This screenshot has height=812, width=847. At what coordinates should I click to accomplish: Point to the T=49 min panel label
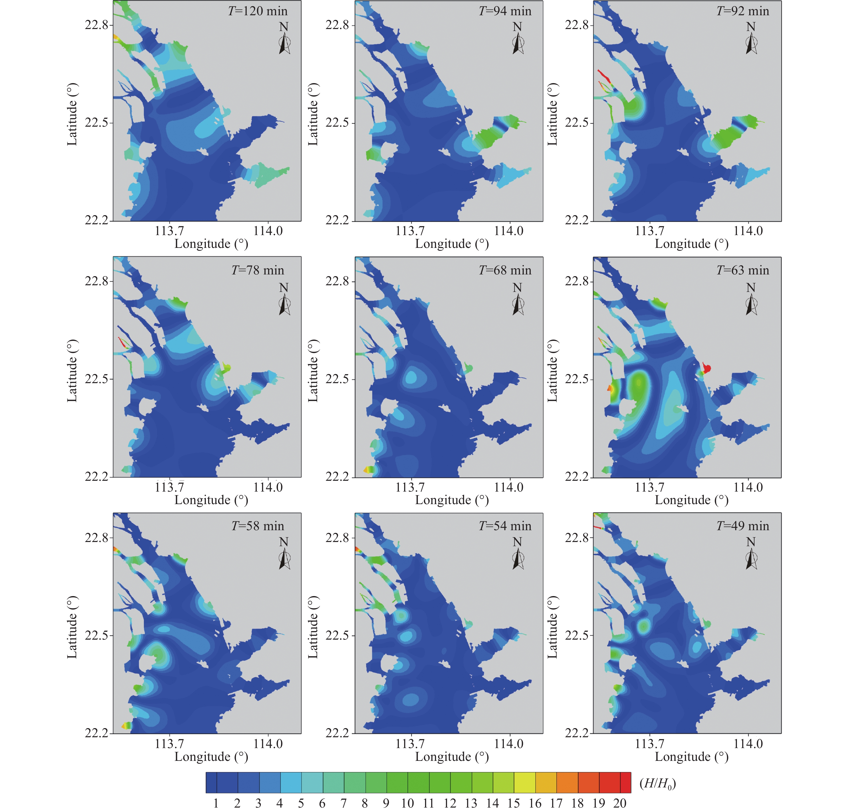click(x=743, y=526)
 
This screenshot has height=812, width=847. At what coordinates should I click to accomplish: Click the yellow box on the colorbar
click(x=524, y=783)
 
